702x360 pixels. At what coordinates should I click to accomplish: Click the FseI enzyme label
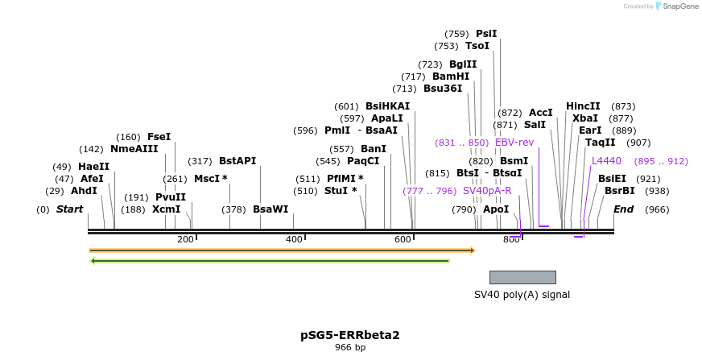[x=159, y=137]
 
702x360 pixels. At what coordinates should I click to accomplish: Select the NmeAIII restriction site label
[x=134, y=149]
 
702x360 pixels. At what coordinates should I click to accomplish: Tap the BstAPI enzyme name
[x=237, y=161]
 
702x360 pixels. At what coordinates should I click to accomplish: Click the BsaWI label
[x=270, y=209]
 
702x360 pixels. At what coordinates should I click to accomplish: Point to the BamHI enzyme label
[x=451, y=77]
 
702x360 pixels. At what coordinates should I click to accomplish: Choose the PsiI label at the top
[x=486, y=34]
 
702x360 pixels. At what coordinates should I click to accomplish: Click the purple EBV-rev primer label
[x=514, y=143]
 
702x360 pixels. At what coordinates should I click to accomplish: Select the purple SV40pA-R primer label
[x=487, y=191]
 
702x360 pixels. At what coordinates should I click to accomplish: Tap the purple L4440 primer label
[x=606, y=161]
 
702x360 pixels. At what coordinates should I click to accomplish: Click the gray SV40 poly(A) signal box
[x=522, y=277]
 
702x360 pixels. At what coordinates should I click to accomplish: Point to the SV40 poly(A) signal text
[x=522, y=295]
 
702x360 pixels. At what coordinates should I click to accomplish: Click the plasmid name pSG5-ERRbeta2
[x=350, y=334]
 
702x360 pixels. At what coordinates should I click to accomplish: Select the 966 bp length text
[x=350, y=348]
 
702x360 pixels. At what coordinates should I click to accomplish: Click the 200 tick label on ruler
[x=185, y=239]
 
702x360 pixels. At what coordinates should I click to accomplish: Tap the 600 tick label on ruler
[x=403, y=239]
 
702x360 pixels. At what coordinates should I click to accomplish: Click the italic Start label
[x=69, y=209]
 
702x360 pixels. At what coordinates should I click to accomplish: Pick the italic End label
[x=623, y=209]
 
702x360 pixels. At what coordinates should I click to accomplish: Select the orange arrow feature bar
[x=282, y=250]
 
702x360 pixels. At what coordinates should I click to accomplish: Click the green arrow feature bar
[x=270, y=261]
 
